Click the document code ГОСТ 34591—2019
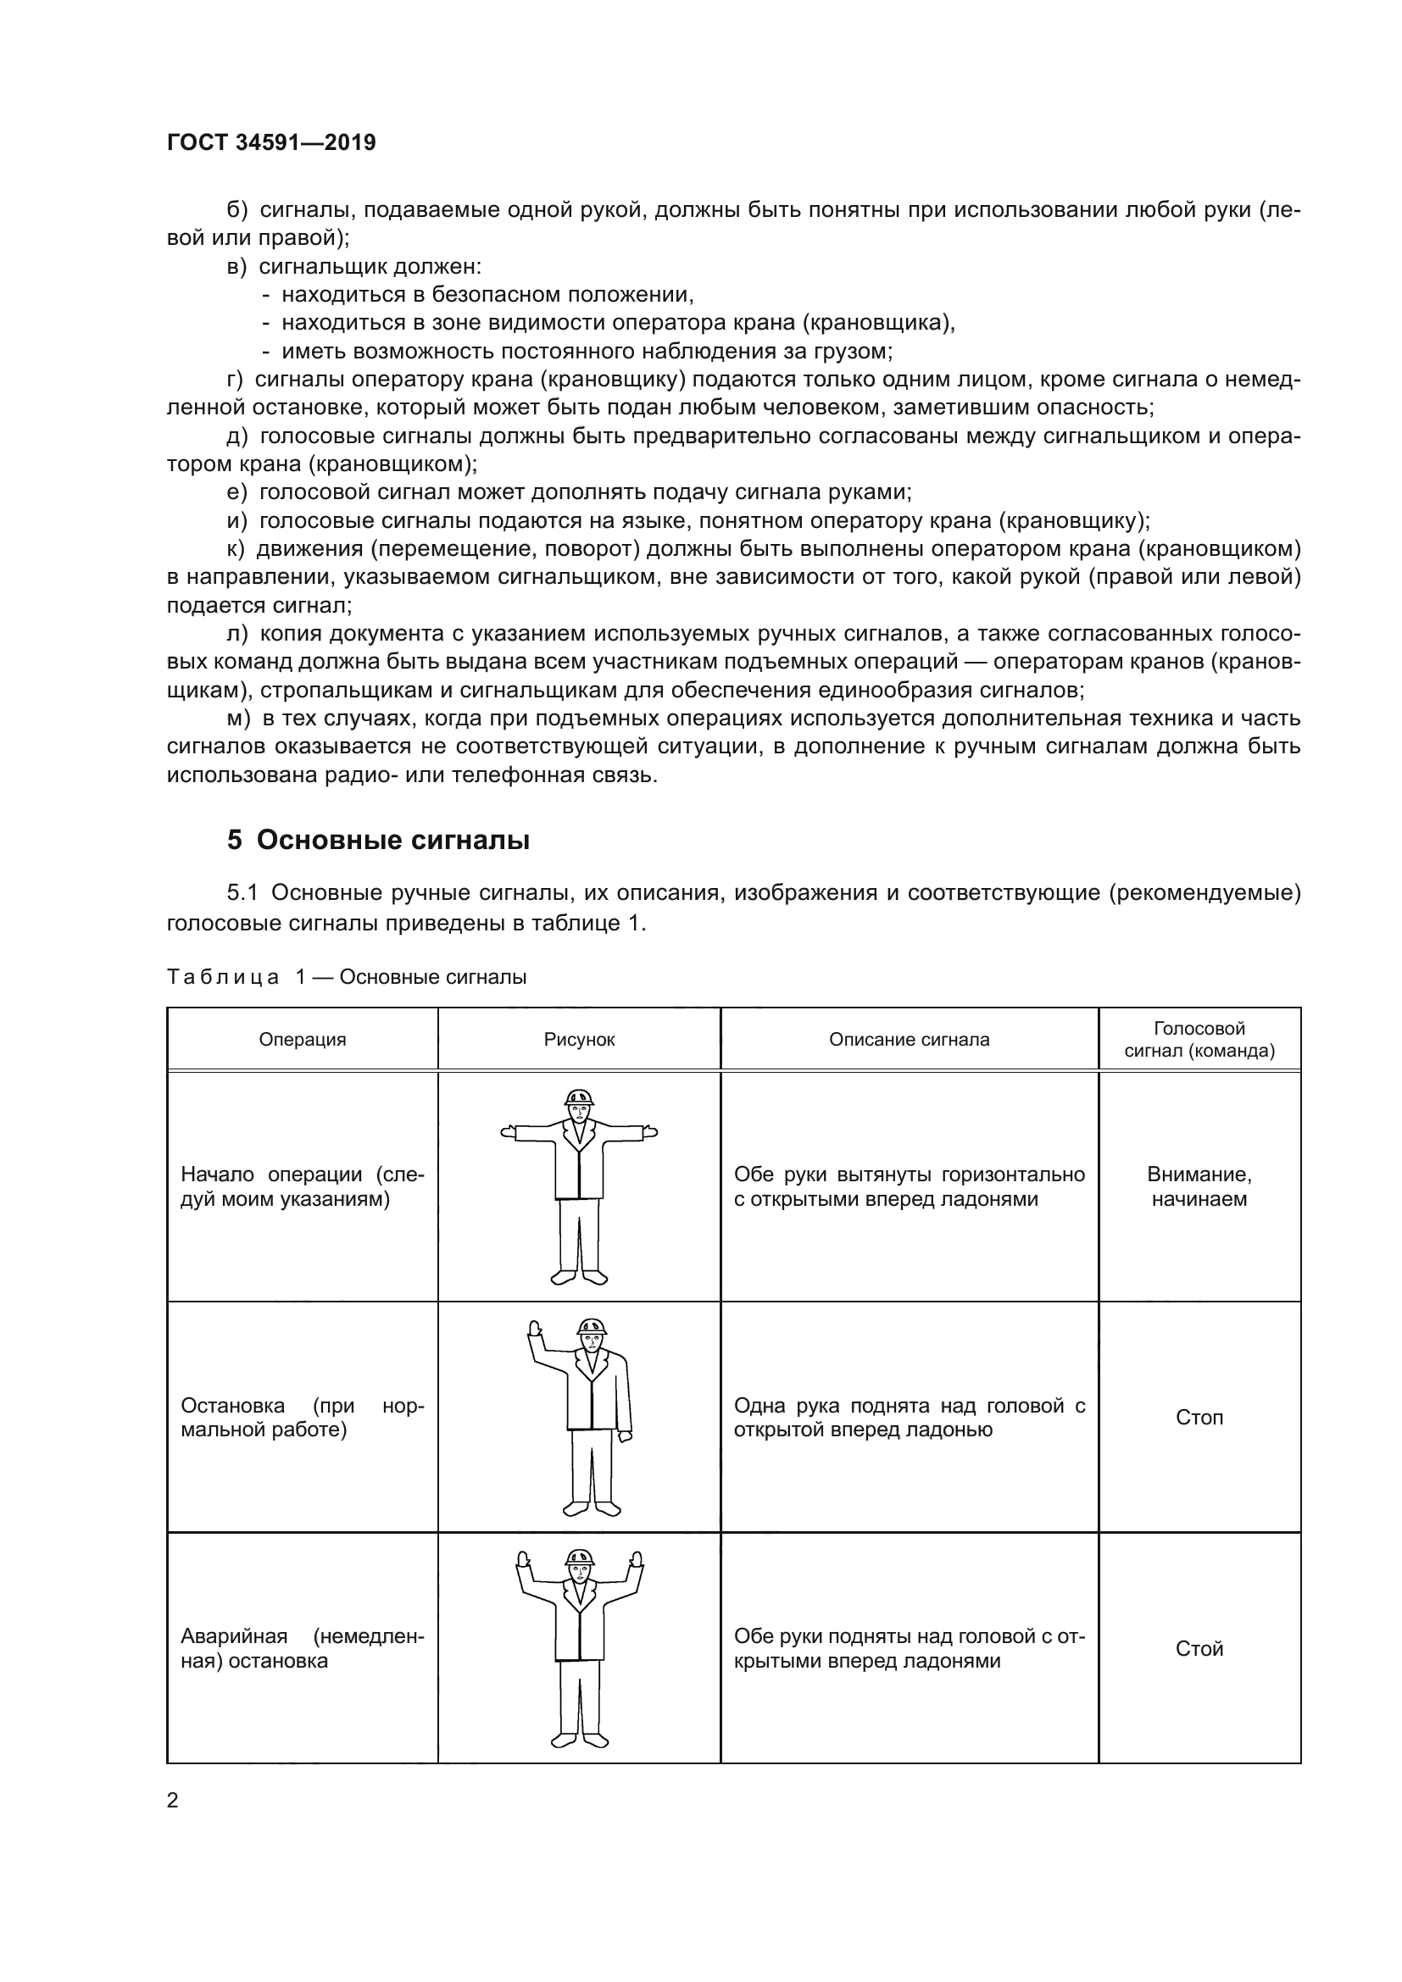pos(271,143)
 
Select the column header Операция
pos(302,1040)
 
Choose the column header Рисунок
pos(579,1040)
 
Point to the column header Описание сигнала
pos(909,1040)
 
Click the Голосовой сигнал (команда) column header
pos(1199,1040)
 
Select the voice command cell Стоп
pos(1199,1418)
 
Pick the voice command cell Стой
pos(1199,1649)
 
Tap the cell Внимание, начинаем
pos(1199,1186)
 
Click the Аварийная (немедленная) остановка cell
pos(302,1649)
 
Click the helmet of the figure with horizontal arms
pos(578,1097)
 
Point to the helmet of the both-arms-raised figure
pos(579,1557)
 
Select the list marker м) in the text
pos(238,719)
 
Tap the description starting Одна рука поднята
pos(909,1418)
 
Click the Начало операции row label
pos(302,1186)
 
